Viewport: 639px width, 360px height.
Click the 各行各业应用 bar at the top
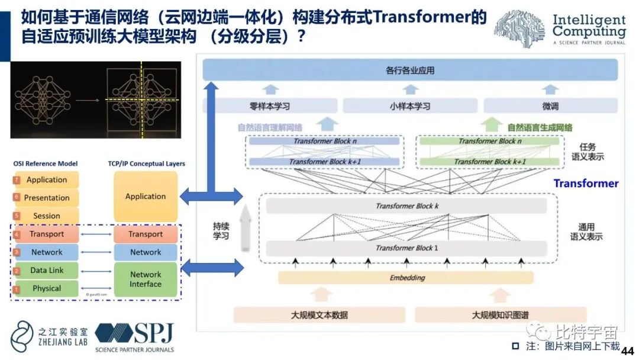click(x=410, y=70)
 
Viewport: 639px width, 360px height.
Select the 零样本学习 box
click(x=270, y=107)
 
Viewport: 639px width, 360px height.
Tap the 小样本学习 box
click(x=410, y=107)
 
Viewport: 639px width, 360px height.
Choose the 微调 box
click(x=550, y=107)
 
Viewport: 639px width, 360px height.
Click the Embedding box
click(x=406, y=278)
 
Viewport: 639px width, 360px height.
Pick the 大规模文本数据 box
click(x=319, y=314)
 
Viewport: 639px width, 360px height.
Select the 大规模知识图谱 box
click(x=500, y=314)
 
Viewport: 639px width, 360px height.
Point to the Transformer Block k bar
click(x=406, y=206)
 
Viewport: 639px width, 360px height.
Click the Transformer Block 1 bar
click(x=406, y=248)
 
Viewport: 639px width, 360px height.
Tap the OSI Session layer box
click(x=47, y=216)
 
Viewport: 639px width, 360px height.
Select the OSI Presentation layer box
click(x=47, y=198)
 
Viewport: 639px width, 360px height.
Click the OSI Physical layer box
click(x=47, y=288)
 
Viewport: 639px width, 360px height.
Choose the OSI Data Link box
click(x=47, y=271)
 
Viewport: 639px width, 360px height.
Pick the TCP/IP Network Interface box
click(x=146, y=279)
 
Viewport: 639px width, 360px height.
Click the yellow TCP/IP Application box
click(x=146, y=197)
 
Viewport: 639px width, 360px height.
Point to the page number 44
click(x=628, y=350)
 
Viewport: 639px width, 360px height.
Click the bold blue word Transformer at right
click(x=586, y=184)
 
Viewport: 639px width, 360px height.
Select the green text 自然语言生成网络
click(x=540, y=127)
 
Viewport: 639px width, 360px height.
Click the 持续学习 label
click(x=221, y=231)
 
